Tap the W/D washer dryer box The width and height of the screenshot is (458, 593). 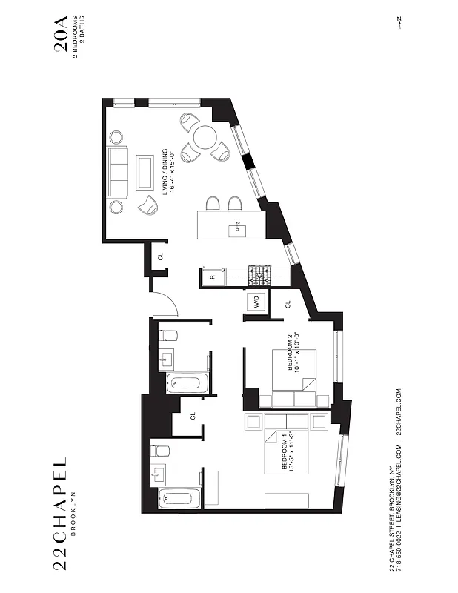256,302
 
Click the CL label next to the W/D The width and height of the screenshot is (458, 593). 288,304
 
